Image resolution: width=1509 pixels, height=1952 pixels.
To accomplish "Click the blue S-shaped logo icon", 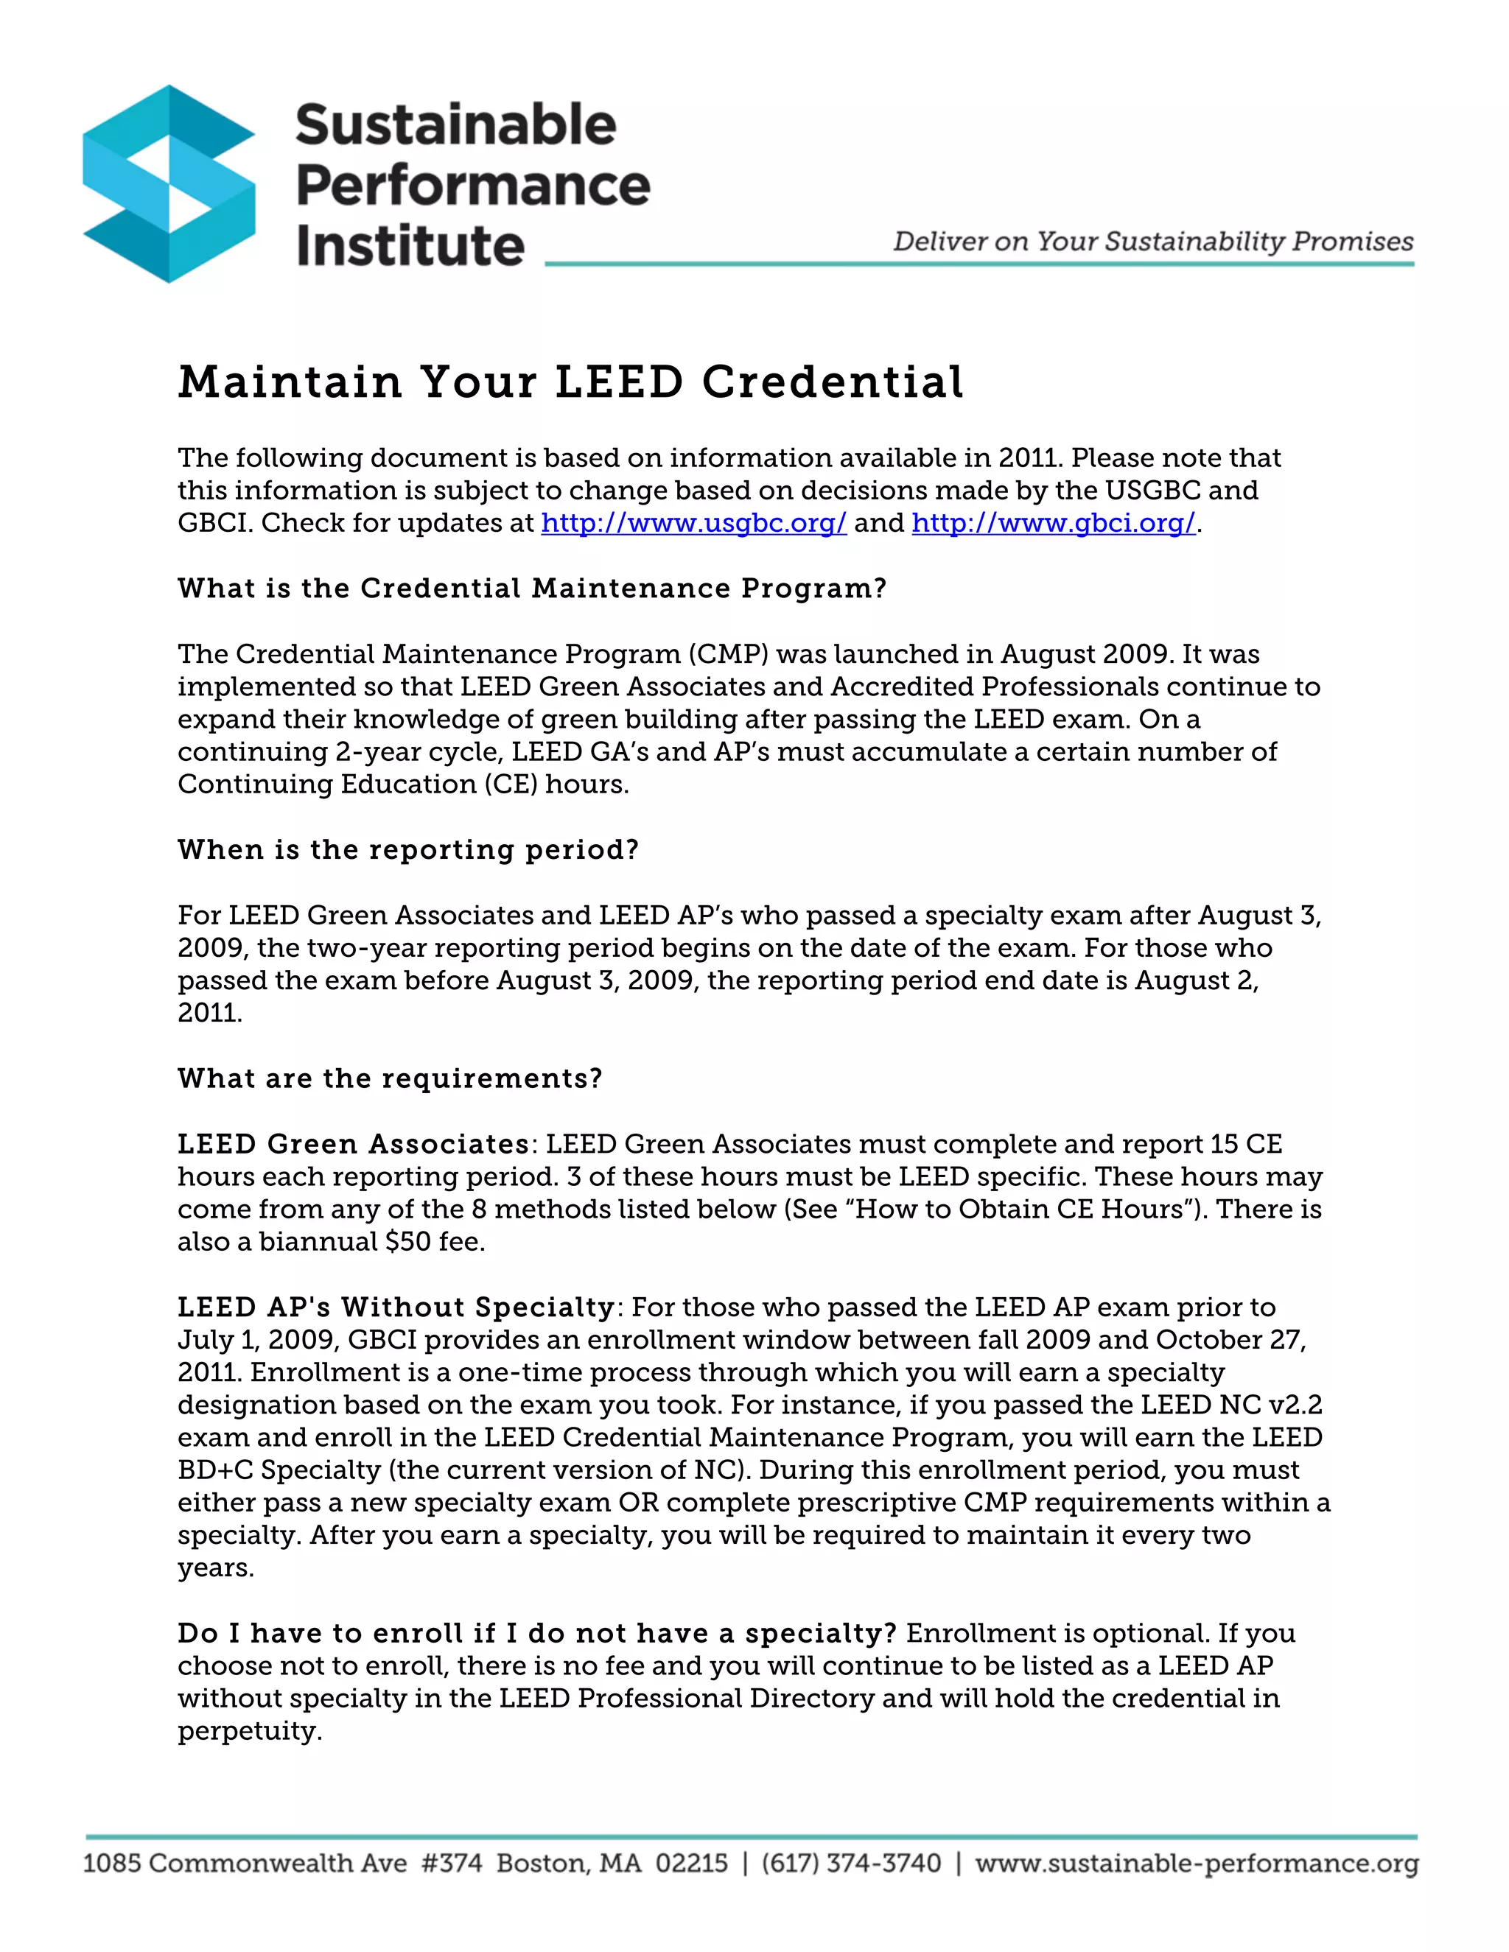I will (169, 184).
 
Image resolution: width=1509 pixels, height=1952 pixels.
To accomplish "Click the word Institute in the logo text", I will (410, 246).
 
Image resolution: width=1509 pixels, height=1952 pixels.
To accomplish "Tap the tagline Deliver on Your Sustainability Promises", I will (1153, 242).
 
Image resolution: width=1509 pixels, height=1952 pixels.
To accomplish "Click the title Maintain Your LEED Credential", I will (570, 382).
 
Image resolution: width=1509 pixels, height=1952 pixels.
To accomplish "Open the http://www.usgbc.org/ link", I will (693, 523).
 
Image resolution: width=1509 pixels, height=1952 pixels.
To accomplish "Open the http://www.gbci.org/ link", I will (1053, 523).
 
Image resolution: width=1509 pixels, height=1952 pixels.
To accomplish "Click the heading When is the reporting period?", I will (408, 849).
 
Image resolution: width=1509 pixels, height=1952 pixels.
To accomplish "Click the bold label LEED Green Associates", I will (354, 1144).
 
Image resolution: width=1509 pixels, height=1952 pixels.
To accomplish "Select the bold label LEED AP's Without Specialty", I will (396, 1307).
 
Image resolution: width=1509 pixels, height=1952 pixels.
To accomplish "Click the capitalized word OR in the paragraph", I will (638, 1503).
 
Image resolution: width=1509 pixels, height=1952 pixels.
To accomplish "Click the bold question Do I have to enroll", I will (536, 1633).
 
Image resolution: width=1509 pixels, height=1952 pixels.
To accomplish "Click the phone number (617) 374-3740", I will (851, 1864).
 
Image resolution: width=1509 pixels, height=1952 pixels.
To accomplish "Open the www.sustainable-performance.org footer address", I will (1196, 1864).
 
